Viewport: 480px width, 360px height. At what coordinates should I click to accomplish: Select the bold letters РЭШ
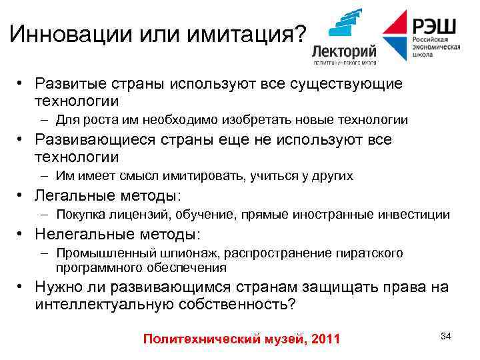[434, 27]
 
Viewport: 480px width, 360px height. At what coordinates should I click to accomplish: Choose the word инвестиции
[417, 215]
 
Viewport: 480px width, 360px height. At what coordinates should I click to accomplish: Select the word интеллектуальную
[101, 304]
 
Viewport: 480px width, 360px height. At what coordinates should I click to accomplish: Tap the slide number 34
[446, 335]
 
